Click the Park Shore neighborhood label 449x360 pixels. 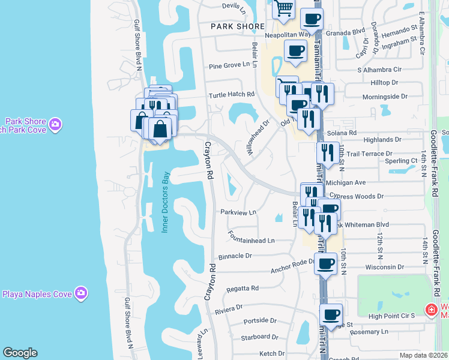click(238, 26)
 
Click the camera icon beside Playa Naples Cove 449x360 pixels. click(81, 293)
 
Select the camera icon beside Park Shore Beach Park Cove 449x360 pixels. click(56, 125)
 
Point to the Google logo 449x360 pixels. click(20, 353)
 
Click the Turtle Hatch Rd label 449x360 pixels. click(232, 95)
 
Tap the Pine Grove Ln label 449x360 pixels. click(229, 66)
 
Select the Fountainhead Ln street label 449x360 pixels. click(251, 241)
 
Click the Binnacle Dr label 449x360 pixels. click(235, 255)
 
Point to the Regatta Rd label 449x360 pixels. click(243, 288)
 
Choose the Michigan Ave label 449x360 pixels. click(348, 182)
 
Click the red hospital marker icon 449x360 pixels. click(430, 310)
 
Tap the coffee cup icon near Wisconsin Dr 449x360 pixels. click(326, 263)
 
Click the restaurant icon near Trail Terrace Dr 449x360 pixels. click(327, 152)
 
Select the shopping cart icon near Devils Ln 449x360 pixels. click(283, 8)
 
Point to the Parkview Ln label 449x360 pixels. click(238, 212)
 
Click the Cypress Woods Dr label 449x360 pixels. click(361, 196)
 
